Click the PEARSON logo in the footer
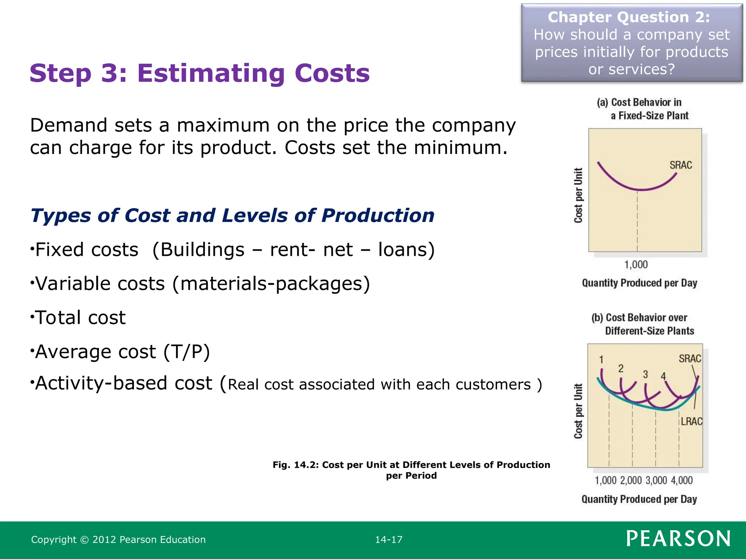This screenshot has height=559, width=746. (x=678, y=539)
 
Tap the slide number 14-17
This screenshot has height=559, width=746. (x=389, y=540)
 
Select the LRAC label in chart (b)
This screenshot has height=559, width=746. (x=691, y=421)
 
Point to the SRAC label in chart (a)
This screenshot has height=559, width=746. (x=680, y=165)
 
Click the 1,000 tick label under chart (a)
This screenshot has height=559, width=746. (x=636, y=265)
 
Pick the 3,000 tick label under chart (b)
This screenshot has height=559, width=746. (x=656, y=480)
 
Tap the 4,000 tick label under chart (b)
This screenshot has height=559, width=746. (x=682, y=480)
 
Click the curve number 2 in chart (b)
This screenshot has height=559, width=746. (x=621, y=369)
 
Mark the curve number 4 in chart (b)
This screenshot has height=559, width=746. (x=663, y=376)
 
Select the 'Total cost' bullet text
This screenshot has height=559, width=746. (x=80, y=318)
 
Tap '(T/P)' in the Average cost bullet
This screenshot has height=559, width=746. (x=186, y=352)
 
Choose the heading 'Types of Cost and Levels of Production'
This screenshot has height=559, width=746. (x=232, y=215)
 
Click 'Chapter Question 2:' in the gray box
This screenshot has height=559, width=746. (x=629, y=17)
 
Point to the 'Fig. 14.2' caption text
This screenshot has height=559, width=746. (x=411, y=470)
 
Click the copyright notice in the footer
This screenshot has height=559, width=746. (x=118, y=540)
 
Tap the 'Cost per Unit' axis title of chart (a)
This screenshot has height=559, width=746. (x=578, y=195)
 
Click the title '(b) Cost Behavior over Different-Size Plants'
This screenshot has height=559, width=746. (x=643, y=324)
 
